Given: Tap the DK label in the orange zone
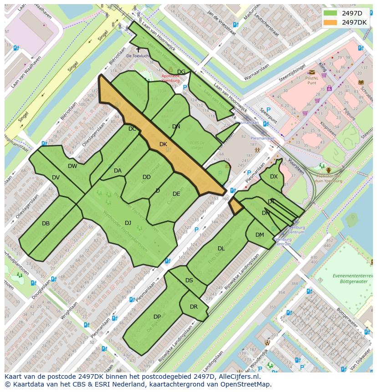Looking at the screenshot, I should (163, 144).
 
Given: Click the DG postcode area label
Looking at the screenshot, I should (181, 72).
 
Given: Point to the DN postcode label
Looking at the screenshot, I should (176, 127).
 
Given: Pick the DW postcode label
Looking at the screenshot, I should (72, 166).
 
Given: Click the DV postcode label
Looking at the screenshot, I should (56, 178).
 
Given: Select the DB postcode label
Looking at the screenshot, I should (46, 224).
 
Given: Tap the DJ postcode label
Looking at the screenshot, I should (128, 223).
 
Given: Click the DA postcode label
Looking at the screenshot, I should (117, 171).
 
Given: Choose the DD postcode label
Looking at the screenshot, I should (146, 177).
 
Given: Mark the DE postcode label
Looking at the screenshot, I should (176, 194).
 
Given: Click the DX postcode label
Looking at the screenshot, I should (274, 177).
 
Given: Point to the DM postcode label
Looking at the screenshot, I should (260, 235).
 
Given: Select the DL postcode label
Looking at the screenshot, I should (221, 249).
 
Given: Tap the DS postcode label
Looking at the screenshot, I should (189, 280).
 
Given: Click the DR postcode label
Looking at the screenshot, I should (194, 307).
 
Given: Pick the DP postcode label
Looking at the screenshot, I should (157, 317).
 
